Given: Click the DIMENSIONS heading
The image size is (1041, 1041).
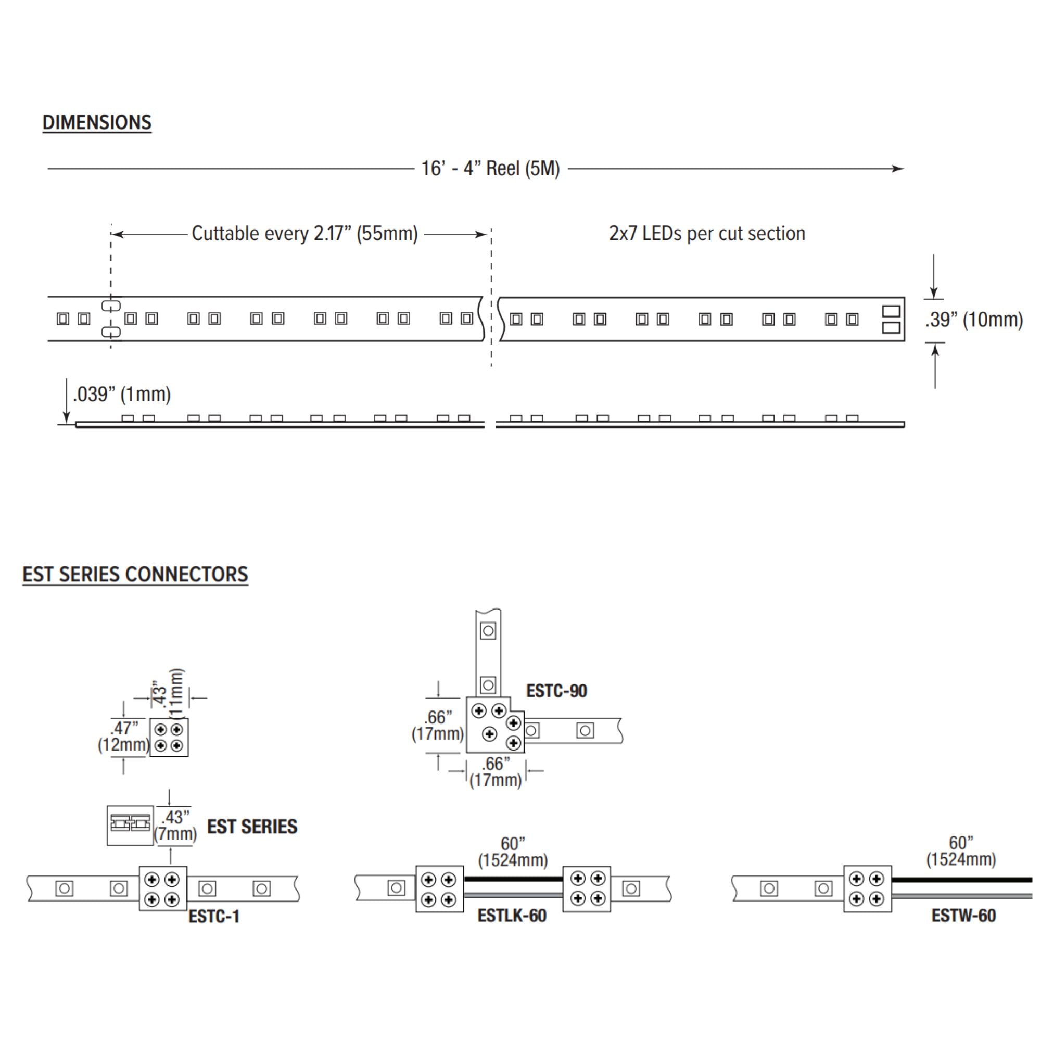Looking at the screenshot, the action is pos(97,122).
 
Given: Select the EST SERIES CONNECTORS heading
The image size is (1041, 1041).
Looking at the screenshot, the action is pos(135,575).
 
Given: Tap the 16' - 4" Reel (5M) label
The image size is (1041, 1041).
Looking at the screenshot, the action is pos(490,169).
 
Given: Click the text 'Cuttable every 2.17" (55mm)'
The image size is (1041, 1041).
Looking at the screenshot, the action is pos(305,234).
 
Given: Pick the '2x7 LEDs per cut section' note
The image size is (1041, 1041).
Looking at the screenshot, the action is pos(707,233).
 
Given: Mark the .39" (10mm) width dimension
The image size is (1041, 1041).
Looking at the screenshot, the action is pos(974,320).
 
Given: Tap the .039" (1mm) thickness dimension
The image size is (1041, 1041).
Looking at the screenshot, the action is pos(122,395).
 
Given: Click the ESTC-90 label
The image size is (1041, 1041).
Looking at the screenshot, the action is pos(556,691).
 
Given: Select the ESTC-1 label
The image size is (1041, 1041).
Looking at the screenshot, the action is pos(214,917).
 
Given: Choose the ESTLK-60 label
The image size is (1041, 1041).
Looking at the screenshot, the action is pos(512,916).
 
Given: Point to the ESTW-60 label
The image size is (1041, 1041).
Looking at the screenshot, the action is pos(963,916).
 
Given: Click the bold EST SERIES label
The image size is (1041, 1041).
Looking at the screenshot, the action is pos(252,827).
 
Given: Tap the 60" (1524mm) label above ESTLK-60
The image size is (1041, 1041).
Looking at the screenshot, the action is pos(513,852).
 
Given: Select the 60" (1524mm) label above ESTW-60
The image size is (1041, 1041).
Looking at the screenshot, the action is pos(961,851).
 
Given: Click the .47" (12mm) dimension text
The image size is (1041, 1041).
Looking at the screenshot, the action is pos(123,737).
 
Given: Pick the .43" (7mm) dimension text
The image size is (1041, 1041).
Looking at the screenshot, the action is pos(175,826).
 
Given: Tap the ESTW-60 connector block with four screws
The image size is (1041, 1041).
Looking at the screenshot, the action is pos(868,889).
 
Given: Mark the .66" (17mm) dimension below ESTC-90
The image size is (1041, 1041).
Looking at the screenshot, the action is pos(496,772).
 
